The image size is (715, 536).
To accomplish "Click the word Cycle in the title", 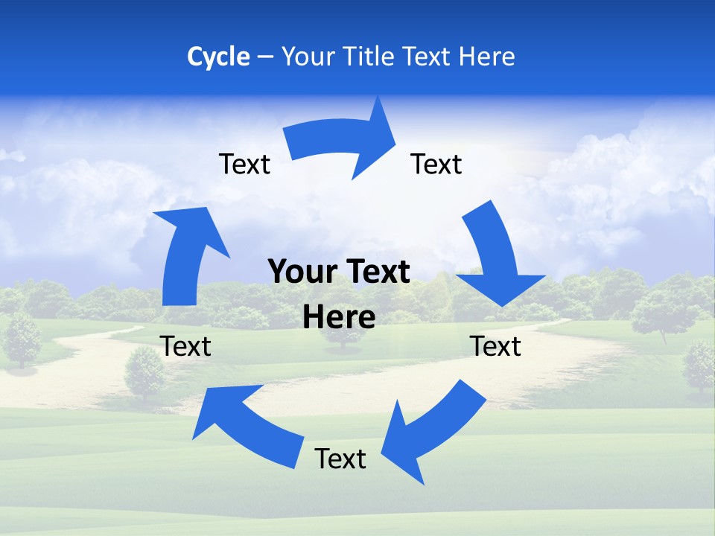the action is (218, 57).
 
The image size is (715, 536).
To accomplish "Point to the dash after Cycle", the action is (265, 57).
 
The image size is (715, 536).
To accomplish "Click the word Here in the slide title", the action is (486, 57).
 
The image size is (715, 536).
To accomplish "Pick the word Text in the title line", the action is (426, 57).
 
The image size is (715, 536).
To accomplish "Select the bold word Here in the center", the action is (339, 317).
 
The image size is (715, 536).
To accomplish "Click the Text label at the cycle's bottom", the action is (340, 459).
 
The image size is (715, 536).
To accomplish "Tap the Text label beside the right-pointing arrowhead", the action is (436, 164).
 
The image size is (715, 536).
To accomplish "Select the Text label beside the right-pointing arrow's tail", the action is (244, 164).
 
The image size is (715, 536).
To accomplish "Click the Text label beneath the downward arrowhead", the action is (496, 346).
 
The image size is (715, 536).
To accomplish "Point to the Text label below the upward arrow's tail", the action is (186, 346).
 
